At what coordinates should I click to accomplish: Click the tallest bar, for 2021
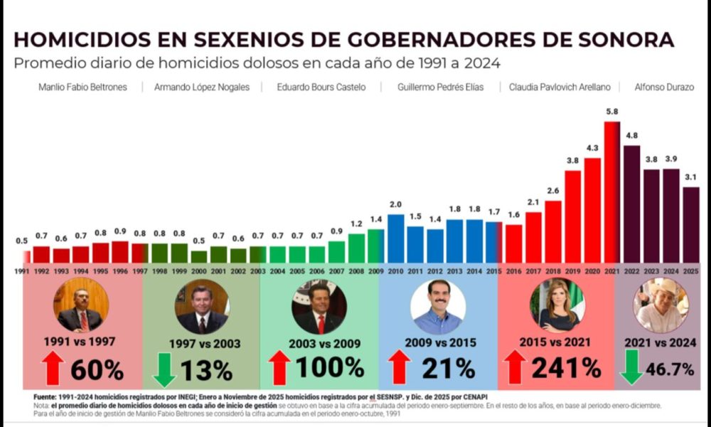(611, 192)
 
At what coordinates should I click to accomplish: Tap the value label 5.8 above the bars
(611, 112)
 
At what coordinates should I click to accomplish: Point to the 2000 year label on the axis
(199, 271)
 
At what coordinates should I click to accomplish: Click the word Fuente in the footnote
(47, 396)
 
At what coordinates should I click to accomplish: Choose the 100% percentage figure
(329, 367)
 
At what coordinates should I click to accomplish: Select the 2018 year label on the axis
(553, 271)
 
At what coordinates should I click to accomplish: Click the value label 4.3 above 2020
(592, 148)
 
